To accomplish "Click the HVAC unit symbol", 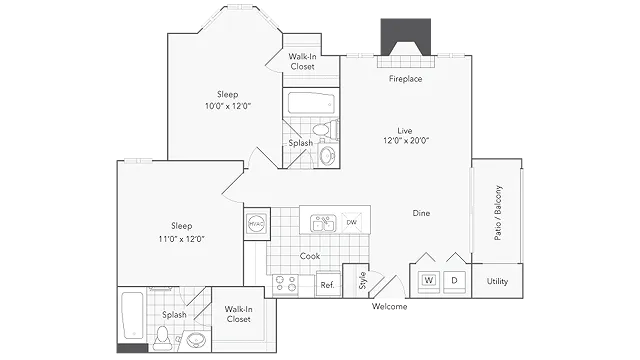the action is coord(257,224).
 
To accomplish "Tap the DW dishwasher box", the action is coord(351,222).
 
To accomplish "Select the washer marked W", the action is coord(429,280).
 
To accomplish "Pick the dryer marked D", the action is coord(454,280).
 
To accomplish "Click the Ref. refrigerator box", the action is coord(328,284).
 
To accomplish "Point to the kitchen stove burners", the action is coord(285,284).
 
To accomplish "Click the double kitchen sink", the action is coord(323,223).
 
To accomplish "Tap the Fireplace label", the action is coord(405,79).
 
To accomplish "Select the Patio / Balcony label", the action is coord(498,213).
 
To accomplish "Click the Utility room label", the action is coord(497,281).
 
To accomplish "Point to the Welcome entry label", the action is coord(389,307).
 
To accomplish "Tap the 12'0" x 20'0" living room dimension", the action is coord(406,141).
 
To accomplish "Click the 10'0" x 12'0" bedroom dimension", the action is coord(228,106).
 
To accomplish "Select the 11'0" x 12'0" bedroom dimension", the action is coord(182,239).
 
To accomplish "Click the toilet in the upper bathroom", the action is coord(325,129).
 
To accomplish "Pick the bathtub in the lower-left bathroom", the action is coord(133,315).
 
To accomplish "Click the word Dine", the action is coord(421,213).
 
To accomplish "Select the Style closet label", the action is coord(362,280).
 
